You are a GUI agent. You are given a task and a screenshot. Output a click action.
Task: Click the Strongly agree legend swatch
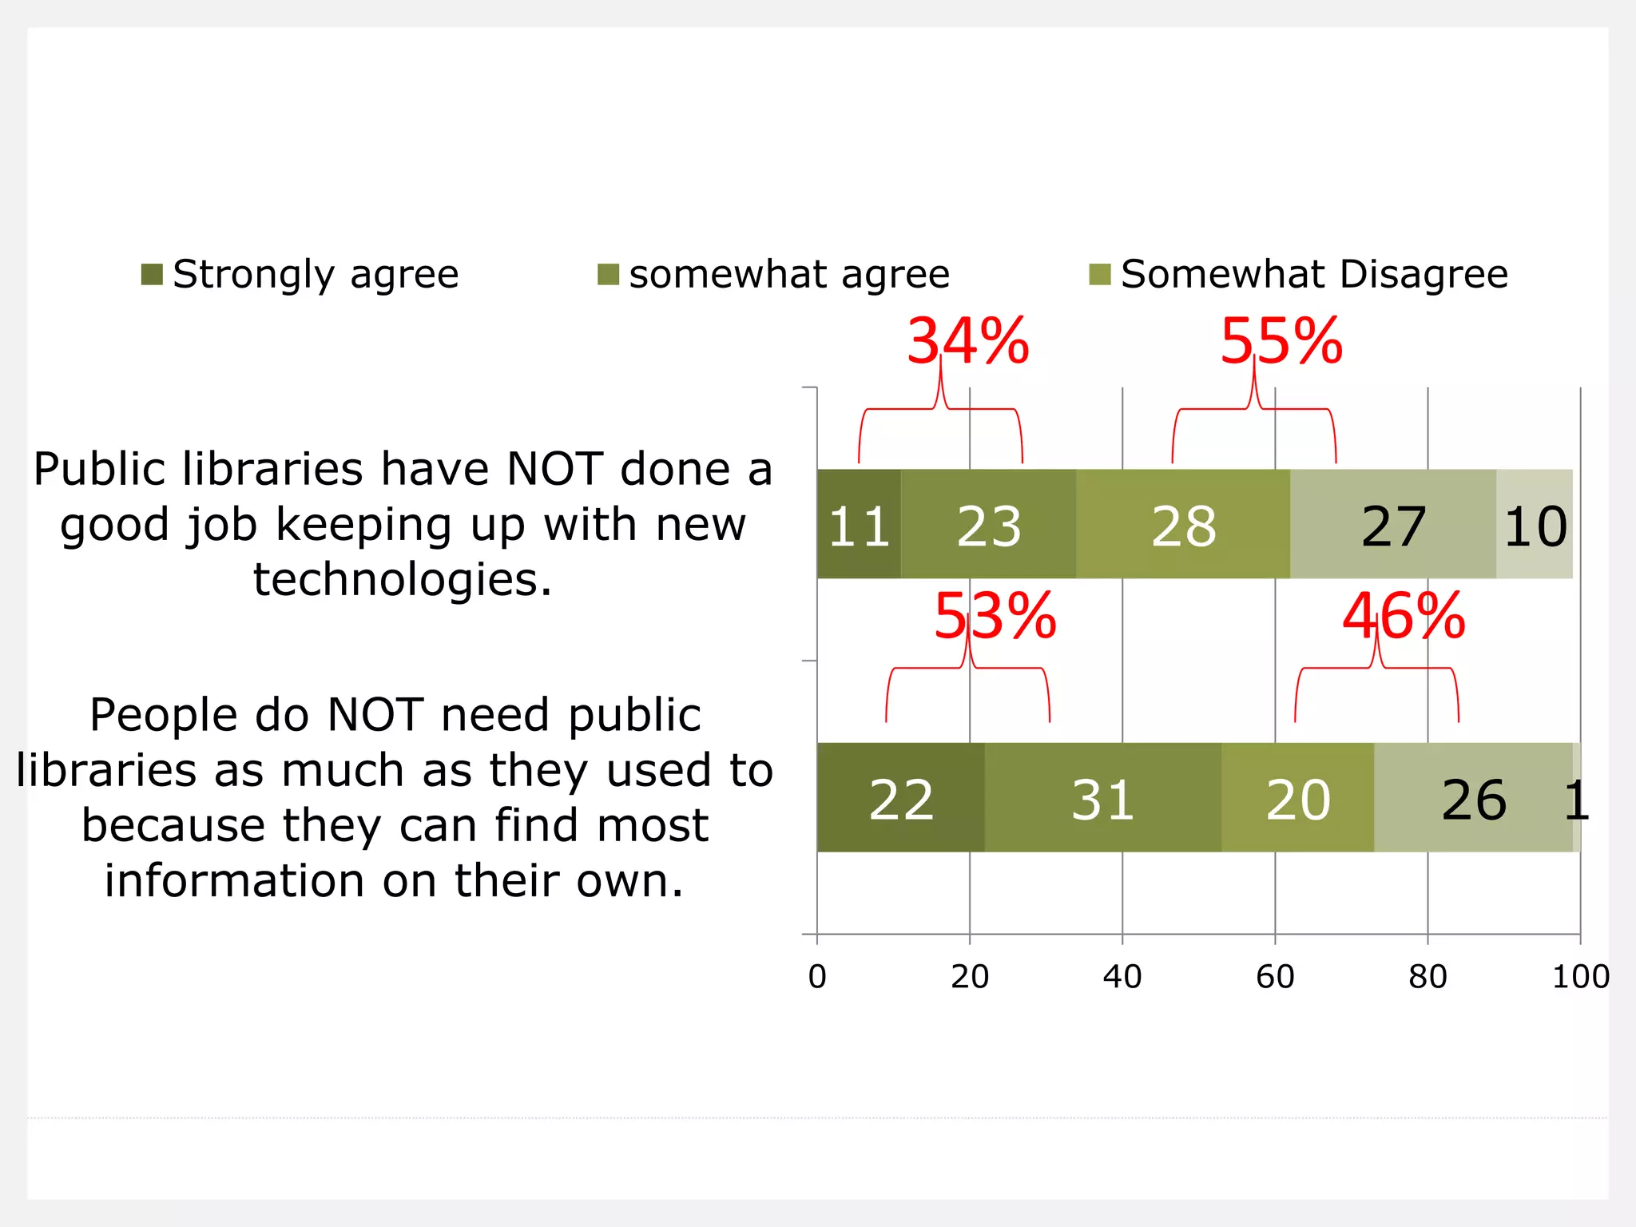point(152,274)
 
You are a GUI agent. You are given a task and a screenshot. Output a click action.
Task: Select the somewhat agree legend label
point(788,275)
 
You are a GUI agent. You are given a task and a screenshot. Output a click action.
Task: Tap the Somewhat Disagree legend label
point(1313,275)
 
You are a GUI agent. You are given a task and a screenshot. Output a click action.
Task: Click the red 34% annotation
point(967,342)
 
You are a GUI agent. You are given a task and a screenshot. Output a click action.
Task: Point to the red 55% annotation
point(1281,342)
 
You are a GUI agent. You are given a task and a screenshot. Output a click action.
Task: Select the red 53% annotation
point(995,617)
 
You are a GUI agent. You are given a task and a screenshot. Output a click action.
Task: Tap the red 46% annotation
point(1404,617)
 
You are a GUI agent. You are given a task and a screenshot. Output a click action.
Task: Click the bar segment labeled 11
point(859,525)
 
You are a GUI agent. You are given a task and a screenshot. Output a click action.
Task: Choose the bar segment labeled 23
point(989,525)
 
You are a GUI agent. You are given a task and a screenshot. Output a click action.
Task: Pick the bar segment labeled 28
point(1183,525)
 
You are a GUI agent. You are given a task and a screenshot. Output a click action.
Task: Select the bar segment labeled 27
point(1393,525)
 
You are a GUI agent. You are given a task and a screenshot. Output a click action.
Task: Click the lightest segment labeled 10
point(1535,525)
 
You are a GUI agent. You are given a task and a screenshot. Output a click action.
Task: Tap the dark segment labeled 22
point(901,798)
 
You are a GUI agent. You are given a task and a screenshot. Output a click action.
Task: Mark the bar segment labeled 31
point(1102,798)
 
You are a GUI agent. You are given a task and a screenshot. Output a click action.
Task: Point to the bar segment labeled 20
point(1298,798)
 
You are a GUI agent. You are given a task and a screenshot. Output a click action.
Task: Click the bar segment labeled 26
point(1473,798)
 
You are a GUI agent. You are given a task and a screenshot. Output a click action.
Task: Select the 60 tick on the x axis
point(1275,976)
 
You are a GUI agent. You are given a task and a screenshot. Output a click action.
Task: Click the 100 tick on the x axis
point(1579,976)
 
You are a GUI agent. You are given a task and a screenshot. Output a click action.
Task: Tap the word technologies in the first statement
point(402,580)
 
